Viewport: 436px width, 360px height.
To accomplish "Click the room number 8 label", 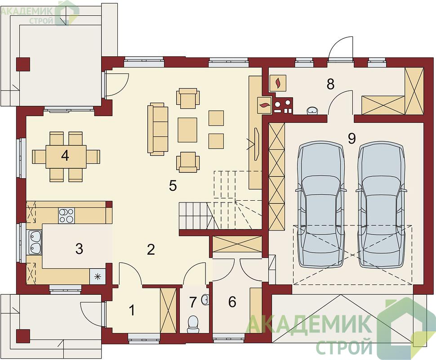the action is [x=330, y=84].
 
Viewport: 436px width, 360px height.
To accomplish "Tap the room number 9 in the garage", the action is [x=352, y=139].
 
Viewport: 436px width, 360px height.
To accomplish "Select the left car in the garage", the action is [x=321, y=205].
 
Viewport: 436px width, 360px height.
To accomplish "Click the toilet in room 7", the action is [x=193, y=324].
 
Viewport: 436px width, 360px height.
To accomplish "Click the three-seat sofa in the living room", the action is [x=158, y=129].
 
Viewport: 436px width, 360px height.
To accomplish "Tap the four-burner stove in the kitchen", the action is [x=67, y=216].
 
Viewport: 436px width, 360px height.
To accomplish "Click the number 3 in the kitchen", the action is [x=79, y=249].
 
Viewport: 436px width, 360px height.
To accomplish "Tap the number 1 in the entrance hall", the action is [x=132, y=310].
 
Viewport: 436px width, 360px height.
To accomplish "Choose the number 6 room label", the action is [x=232, y=302].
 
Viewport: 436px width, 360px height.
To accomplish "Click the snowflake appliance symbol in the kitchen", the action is [x=98, y=276].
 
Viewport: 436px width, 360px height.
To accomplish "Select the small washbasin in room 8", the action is [x=312, y=111].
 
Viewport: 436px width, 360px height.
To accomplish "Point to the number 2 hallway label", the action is [x=151, y=250].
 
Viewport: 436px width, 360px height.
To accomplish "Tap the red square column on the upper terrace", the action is [x=23, y=64].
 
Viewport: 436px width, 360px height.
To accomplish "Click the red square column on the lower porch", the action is [x=23, y=336].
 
